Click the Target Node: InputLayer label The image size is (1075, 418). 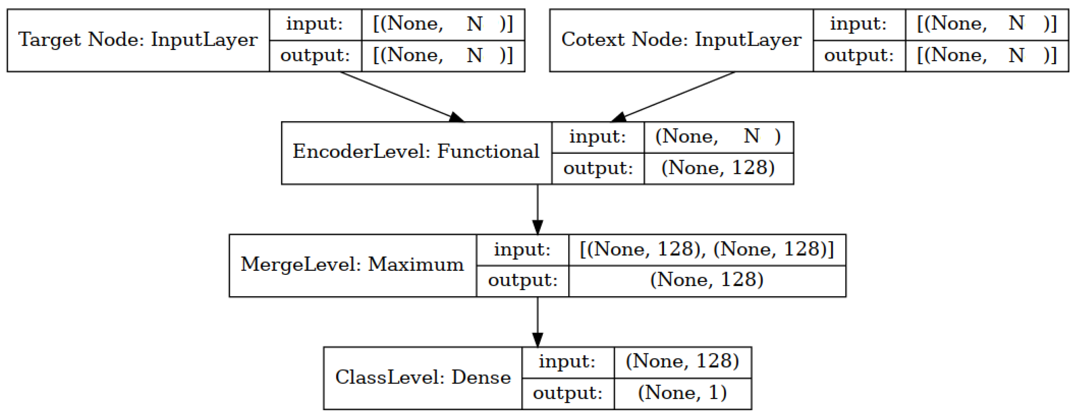pyautogui.click(x=138, y=40)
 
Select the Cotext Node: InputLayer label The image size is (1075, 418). pyautogui.click(x=681, y=40)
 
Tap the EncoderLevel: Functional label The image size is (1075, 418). pyautogui.click(x=416, y=152)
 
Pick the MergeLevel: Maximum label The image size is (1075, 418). pyautogui.click(x=352, y=265)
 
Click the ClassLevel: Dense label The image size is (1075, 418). pyautogui.click(x=423, y=378)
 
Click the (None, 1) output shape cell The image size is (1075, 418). pyautogui.click(x=682, y=393)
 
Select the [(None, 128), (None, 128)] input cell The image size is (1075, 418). pyautogui.click(x=707, y=249)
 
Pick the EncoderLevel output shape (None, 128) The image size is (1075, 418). pyautogui.click(x=718, y=168)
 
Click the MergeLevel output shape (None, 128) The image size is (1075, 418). pyautogui.click(x=707, y=280)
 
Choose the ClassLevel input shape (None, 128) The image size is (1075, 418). pyautogui.click(x=682, y=361)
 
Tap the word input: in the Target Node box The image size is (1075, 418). pyautogui.click(x=315, y=24)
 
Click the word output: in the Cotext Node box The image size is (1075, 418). pyautogui.click(x=859, y=56)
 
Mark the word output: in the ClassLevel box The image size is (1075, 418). pyautogui.click(x=567, y=393)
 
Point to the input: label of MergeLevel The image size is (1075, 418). pyautogui.click(x=522, y=249)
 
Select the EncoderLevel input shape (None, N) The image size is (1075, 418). pyautogui.click(x=718, y=137)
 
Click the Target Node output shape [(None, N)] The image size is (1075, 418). pyautogui.click(x=443, y=56)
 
